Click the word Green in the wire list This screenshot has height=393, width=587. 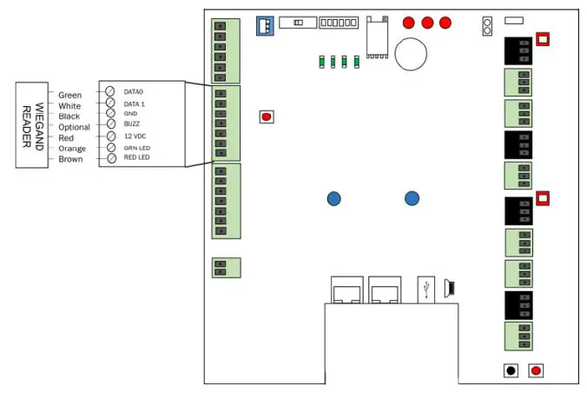70,95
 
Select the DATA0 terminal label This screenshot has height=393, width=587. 134,91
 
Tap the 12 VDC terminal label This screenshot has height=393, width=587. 134,137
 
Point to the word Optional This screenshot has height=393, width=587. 74,127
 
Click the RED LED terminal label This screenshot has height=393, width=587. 137,158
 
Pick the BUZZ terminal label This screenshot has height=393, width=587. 131,125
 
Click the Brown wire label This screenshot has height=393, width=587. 71,159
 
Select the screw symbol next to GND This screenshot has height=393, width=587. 110,113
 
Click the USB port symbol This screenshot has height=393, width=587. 427,287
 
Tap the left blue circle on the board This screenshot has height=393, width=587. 333,199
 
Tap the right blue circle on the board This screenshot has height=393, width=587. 412,199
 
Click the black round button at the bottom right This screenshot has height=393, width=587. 511,370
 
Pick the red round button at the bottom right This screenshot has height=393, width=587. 536,370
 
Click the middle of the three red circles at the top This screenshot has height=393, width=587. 427,23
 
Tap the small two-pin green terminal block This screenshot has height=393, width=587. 226,267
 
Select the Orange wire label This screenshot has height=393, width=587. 72,149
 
